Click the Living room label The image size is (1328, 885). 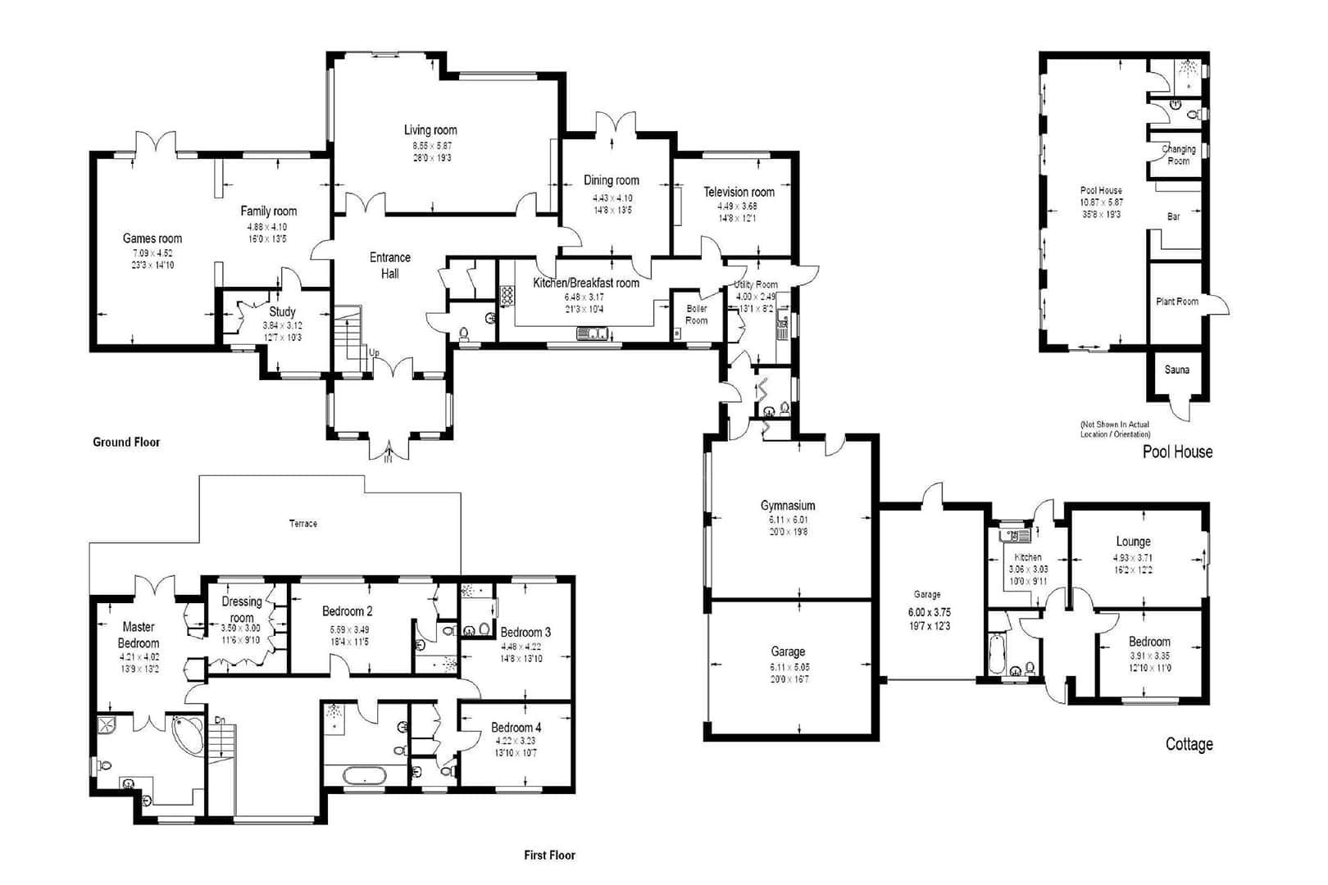[430, 130]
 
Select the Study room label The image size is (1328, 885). [282, 311]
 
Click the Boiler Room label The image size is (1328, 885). [697, 314]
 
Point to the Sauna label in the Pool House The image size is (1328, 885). [1176, 370]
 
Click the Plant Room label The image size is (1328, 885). [1176, 302]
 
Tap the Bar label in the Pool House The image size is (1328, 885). [1173, 216]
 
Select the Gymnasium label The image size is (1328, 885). [787, 506]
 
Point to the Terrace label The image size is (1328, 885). [302, 523]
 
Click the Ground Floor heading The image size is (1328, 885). [126, 442]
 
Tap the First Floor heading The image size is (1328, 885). [549, 855]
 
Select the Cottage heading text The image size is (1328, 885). [1189, 744]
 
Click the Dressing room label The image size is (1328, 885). [242, 609]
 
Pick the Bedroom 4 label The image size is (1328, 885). [516, 727]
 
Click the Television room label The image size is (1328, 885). [739, 192]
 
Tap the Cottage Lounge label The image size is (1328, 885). [1133, 542]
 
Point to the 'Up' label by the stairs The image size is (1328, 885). [374, 352]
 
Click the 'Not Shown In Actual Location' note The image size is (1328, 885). [1115, 429]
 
